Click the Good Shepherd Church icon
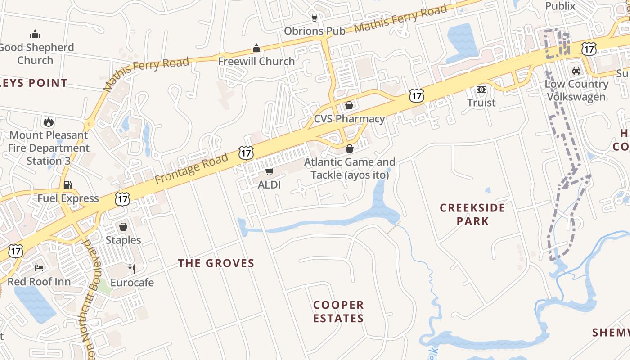[35, 34]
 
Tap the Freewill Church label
[256, 61]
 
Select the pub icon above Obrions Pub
[314, 18]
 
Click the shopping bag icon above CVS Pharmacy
[349, 106]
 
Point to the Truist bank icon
[481, 90]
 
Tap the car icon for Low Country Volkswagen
[576, 71]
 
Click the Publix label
[560, 6]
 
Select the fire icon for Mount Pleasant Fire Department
[49, 122]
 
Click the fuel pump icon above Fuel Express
[68, 185]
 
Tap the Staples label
[123, 240]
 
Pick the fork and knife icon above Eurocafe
[132, 269]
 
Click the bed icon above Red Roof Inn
[39, 268]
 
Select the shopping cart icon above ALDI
[269, 171]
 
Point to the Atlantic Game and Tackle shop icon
[350, 148]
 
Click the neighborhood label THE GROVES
[216, 263]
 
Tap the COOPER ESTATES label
[338, 311]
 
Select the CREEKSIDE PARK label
[472, 214]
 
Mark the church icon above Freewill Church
[256, 48]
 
